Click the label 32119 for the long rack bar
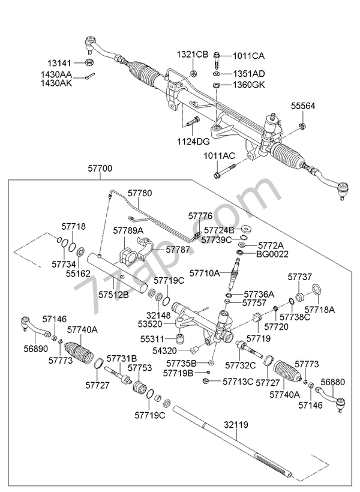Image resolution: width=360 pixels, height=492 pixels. (x=236, y=424)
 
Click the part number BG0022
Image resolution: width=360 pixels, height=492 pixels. (x=272, y=254)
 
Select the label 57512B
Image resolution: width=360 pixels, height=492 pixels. (x=113, y=295)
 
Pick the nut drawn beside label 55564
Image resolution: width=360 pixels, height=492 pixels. (x=303, y=125)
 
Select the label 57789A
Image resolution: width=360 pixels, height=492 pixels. (x=129, y=230)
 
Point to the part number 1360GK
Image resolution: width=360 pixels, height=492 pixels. (x=249, y=85)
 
